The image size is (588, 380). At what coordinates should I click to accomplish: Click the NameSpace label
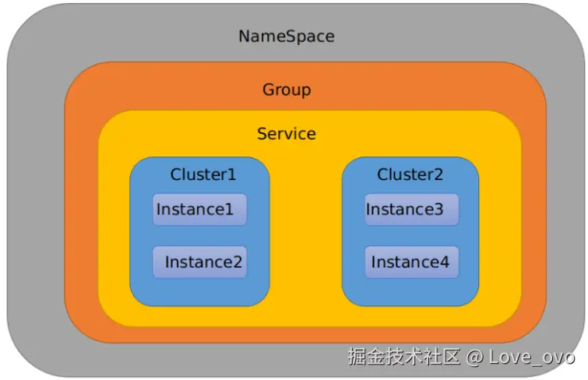click(286, 36)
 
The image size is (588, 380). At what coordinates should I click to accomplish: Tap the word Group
click(286, 90)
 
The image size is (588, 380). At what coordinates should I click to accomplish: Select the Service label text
click(286, 134)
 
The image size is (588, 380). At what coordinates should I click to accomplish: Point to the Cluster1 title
click(202, 174)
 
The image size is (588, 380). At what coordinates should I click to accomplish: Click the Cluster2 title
click(410, 174)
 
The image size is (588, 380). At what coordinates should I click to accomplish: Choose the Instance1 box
click(199, 209)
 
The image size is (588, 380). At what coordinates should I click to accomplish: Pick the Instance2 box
click(199, 262)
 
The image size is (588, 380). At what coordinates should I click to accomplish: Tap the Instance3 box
click(411, 209)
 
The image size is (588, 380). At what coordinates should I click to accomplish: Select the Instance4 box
click(411, 262)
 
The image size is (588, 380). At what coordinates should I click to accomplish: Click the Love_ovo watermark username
click(532, 357)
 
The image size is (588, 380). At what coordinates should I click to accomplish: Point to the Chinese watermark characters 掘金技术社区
click(404, 357)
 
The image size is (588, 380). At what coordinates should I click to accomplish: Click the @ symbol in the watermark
click(474, 357)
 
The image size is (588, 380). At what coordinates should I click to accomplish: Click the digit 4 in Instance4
click(444, 262)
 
